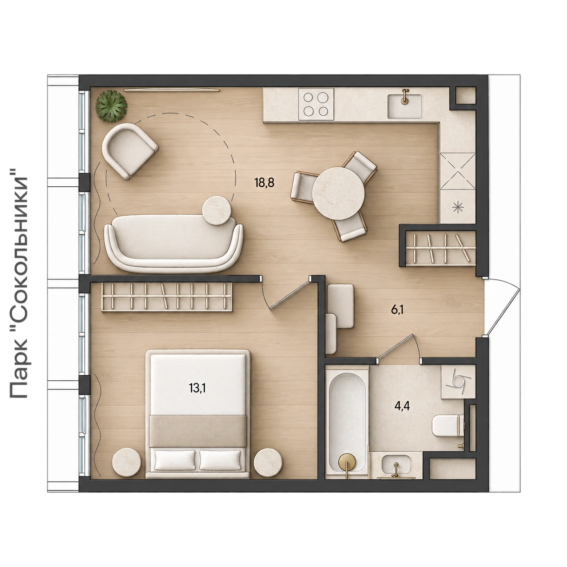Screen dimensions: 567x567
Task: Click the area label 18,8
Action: coord(265,183)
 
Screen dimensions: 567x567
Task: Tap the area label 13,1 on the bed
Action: coord(198,388)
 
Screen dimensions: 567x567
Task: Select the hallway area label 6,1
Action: coord(397,310)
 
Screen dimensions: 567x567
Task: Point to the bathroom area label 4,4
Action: coord(402,406)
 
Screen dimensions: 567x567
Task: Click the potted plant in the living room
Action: coord(111,106)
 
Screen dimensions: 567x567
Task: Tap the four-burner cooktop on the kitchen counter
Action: coord(316,104)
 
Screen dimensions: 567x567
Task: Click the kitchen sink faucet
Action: coord(406,96)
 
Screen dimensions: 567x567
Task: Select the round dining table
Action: coord(338,194)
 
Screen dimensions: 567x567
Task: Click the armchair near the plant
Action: coord(129,151)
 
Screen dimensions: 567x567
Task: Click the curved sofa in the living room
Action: coord(174,243)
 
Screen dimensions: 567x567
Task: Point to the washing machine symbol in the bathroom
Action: coord(458,382)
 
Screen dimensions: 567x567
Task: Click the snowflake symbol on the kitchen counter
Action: coord(458,208)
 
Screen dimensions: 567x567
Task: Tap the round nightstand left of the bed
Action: coord(127,462)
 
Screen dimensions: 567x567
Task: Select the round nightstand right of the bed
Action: coord(268,462)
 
